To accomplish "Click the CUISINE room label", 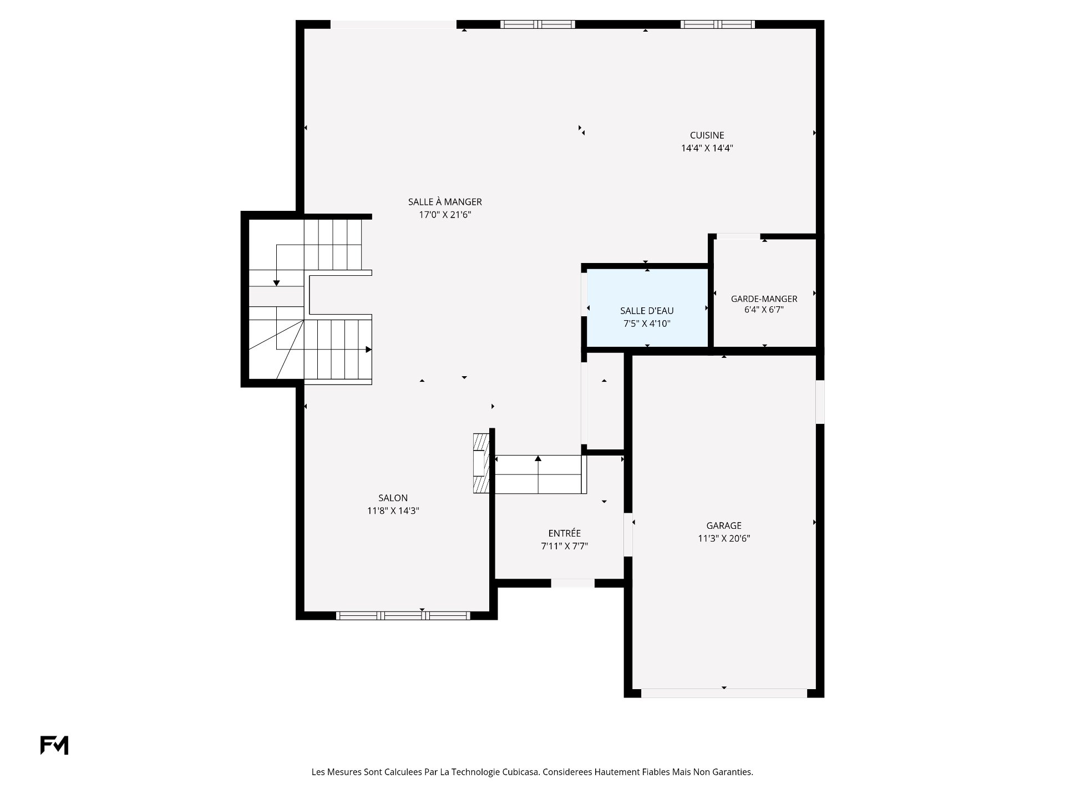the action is tap(707, 135).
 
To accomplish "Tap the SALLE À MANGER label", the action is tap(445, 202).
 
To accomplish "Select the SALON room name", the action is tap(393, 498).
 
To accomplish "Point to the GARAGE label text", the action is tap(724, 525).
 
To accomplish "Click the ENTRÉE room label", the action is tap(564, 533).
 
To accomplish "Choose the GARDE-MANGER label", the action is tap(764, 299).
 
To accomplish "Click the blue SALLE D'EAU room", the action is tap(647, 308).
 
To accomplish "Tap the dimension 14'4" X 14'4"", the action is tap(707, 148).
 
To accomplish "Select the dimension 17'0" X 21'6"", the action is tap(445, 215).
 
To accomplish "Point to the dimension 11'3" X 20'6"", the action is tap(724, 538).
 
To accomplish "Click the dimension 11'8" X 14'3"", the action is tap(393, 511).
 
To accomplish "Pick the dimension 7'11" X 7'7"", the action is tap(564, 546).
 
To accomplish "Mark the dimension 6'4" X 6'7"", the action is tap(764, 310).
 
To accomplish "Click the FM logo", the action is tap(54, 745).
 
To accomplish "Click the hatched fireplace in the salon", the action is tap(481, 463).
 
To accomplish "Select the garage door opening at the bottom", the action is tap(724, 693).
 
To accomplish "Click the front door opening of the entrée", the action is tap(572, 583).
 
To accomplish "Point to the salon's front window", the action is tap(403, 615).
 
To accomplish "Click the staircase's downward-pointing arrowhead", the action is tap(276, 284).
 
